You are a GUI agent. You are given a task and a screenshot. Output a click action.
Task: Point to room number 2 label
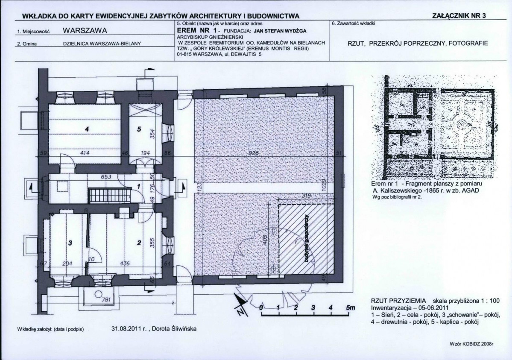[138, 243]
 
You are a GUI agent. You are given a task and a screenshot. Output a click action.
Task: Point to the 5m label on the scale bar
[350, 307]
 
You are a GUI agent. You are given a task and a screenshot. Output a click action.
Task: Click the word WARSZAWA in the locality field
[84, 31]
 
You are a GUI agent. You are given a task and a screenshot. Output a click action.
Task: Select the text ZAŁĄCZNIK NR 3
[459, 16]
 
